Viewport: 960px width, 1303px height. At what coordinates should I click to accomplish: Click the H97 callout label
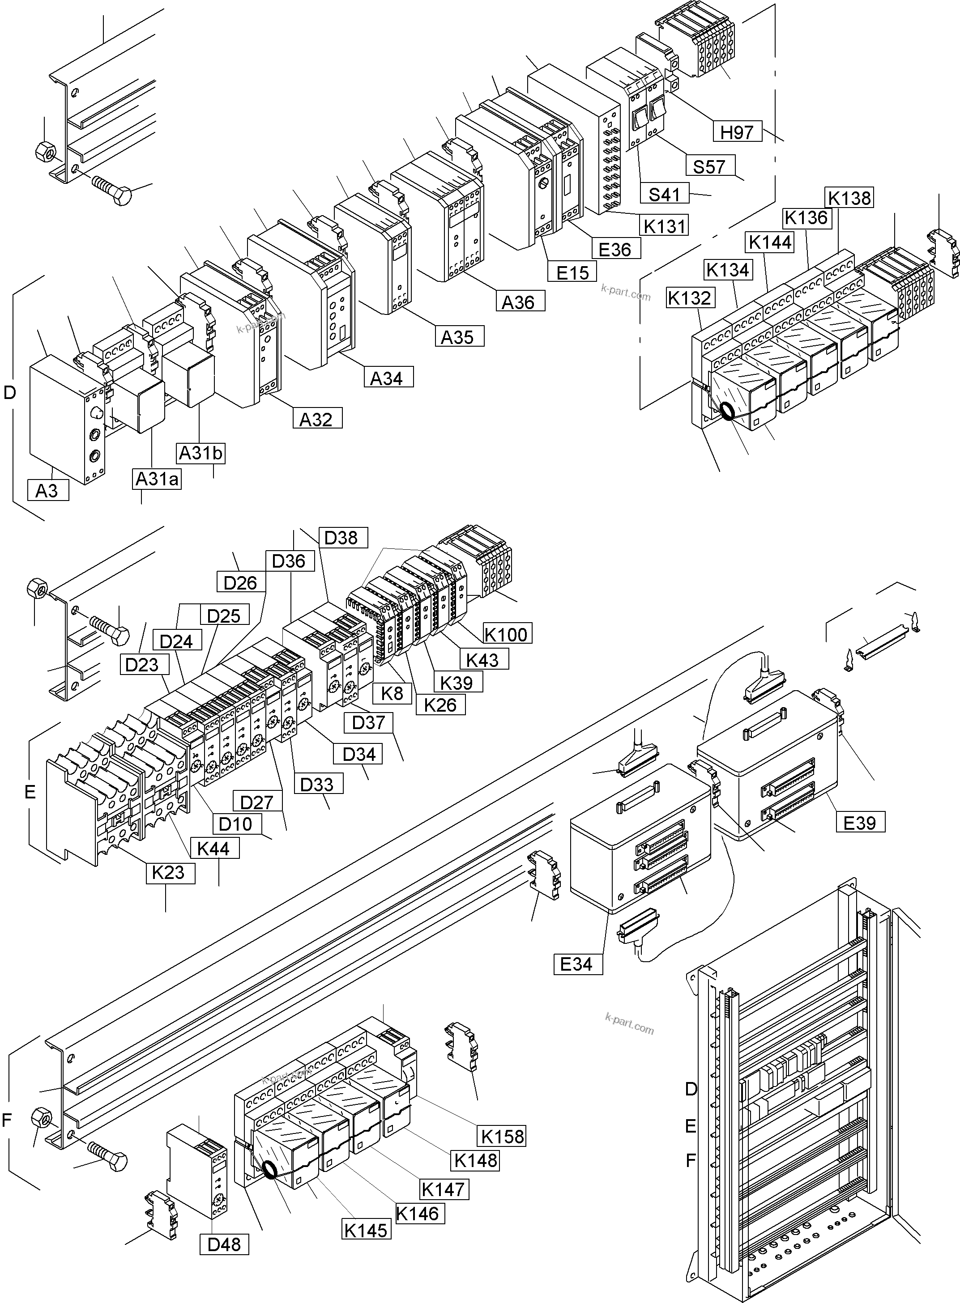737,132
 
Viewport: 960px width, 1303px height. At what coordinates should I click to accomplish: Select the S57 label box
709,167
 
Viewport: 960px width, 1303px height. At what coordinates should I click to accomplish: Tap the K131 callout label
664,225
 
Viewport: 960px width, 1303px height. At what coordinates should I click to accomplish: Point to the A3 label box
47,491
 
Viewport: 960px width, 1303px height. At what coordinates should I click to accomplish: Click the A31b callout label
201,453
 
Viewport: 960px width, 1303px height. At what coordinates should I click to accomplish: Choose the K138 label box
849,198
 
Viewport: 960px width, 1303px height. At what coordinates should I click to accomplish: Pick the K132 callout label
689,298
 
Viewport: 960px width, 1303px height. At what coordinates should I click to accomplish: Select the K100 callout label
506,634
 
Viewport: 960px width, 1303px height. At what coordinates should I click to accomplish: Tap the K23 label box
169,872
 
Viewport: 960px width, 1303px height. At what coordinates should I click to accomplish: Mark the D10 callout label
236,823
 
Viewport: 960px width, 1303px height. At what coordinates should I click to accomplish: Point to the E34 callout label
577,964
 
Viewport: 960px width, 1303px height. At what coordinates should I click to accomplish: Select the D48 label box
224,1244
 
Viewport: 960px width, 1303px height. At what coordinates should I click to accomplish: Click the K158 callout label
502,1136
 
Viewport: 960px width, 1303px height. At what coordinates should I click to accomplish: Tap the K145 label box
366,1229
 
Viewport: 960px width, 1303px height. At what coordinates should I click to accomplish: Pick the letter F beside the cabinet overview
691,1160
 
